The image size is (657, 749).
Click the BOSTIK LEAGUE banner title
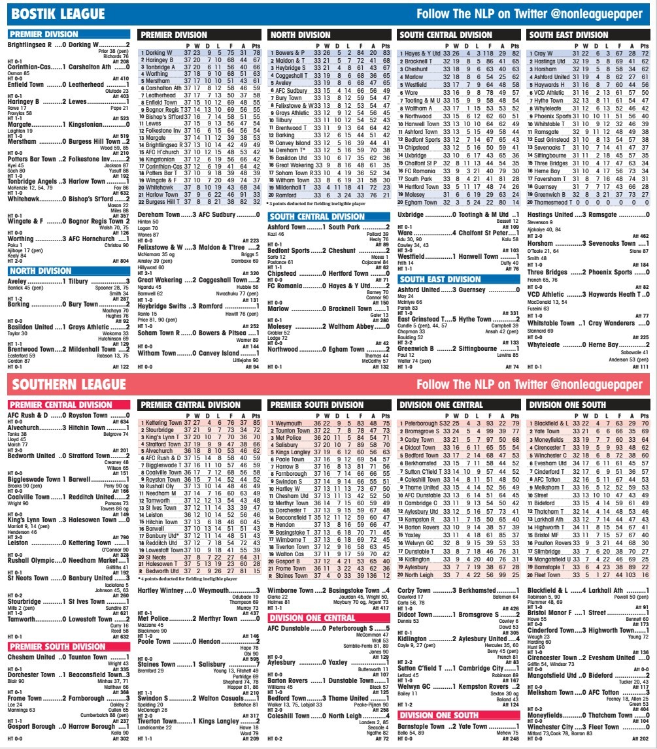(x=59, y=14)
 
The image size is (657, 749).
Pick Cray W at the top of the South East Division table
(x=544, y=52)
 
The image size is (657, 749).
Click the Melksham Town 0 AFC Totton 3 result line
(x=588, y=691)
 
